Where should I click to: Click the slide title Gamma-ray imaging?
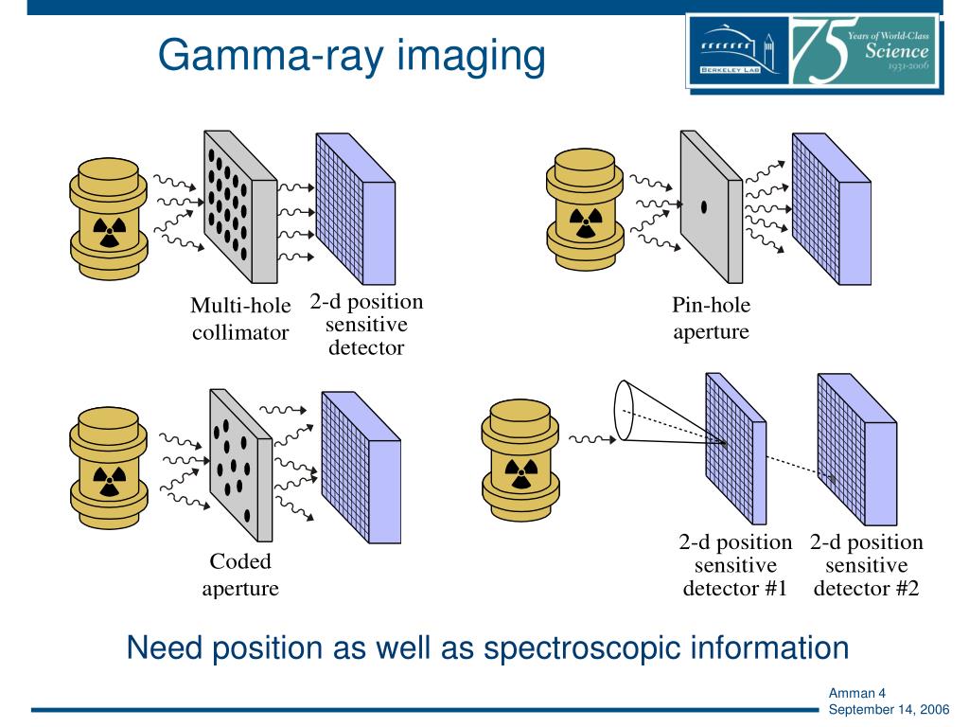351,56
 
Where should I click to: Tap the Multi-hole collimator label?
240,319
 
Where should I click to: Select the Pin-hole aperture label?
711,319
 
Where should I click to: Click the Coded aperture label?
240,575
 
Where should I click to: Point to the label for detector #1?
735,566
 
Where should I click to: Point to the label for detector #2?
866,566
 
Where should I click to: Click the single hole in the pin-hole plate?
703,205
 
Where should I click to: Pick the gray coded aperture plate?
237,464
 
